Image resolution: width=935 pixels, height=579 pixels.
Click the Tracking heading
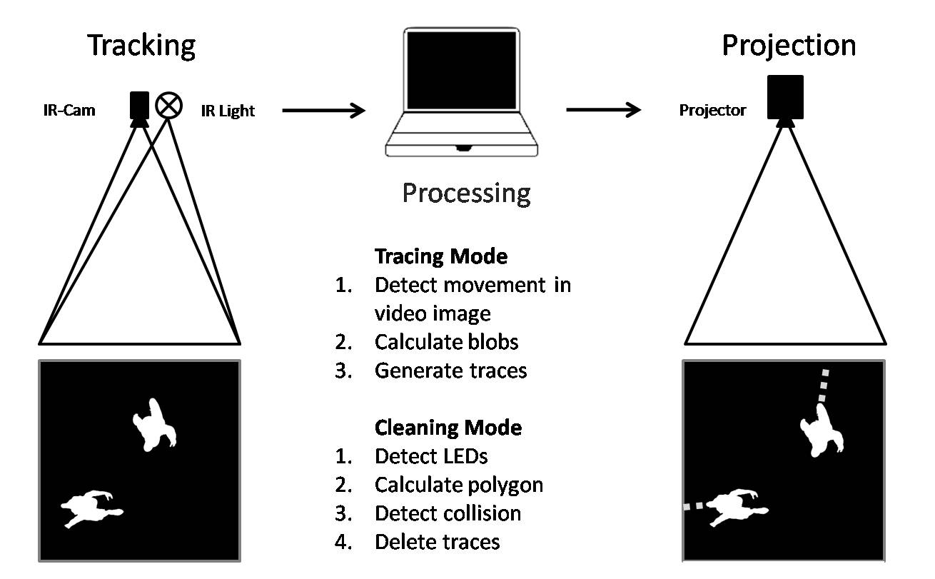pyautogui.click(x=141, y=45)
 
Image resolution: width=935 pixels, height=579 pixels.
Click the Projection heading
pyautogui.click(x=789, y=45)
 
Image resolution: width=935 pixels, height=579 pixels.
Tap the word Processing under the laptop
pyautogui.click(x=466, y=193)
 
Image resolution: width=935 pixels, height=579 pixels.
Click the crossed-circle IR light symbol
pyautogui.click(x=169, y=105)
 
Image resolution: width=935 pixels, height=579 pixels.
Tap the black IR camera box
pyautogui.click(x=139, y=104)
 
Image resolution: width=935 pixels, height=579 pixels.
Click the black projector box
pyautogui.click(x=785, y=96)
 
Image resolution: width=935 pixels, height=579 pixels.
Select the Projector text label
pyautogui.click(x=712, y=111)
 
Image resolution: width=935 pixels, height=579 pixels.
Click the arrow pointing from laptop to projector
pyautogui.click(x=603, y=110)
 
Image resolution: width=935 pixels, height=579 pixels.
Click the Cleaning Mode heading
pyautogui.click(x=448, y=428)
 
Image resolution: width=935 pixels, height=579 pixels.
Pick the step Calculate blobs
pyautogui.click(x=446, y=342)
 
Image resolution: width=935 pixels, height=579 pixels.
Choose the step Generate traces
pyautogui.click(x=450, y=371)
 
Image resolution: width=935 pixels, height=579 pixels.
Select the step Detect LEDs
pyautogui.click(x=431, y=456)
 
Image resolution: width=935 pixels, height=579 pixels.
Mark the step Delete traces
pyautogui.click(x=437, y=542)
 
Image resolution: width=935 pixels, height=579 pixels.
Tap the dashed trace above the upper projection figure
pyautogui.click(x=823, y=386)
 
